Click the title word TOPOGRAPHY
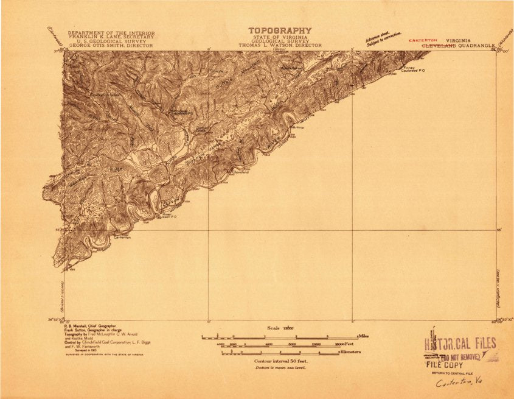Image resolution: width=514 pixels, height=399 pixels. click(x=279, y=30)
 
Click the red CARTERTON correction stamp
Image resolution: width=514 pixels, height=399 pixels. click(x=423, y=40)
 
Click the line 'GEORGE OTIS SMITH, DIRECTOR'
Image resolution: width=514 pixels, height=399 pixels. click(x=111, y=46)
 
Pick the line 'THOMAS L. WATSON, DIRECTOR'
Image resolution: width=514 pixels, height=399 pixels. click(x=280, y=46)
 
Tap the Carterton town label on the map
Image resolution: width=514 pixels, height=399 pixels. click(x=122, y=237)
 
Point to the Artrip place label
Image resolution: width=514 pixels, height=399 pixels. click(x=298, y=127)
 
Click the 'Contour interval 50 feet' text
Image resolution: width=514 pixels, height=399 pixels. click(x=280, y=361)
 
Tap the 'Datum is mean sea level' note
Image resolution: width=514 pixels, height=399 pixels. click(x=280, y=368)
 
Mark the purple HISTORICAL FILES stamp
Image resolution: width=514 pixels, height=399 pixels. click(x=459, y=343)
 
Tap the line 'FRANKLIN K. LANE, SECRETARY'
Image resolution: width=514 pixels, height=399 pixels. click(x=111, y=37)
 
